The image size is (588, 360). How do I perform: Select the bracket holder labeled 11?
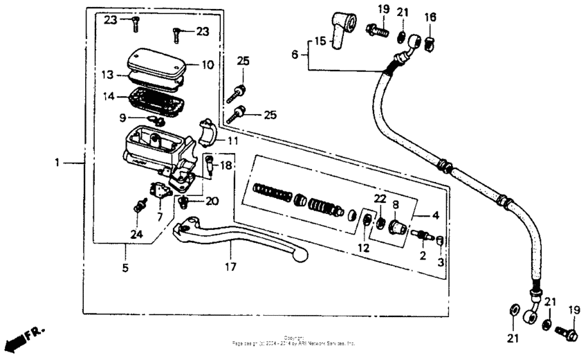[208, 132]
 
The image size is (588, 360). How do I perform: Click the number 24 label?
[137, 235]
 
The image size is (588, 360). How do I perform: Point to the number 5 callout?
[125, 267]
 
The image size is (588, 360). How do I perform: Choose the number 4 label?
[435, 215]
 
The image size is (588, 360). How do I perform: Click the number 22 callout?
[380, 199]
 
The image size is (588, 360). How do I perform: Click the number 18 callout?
[227, 167]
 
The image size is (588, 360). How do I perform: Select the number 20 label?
[211, 201]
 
